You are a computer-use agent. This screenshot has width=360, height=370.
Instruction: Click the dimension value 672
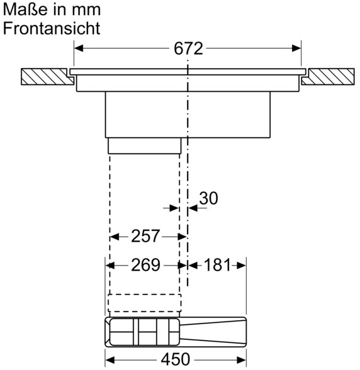click(x=188, y=49)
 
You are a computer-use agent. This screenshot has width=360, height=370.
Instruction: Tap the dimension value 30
click(x=209, y=198)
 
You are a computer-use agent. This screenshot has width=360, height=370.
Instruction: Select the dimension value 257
click(x=145, y=236)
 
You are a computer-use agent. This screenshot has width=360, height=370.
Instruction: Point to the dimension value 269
click(x=145, y=265)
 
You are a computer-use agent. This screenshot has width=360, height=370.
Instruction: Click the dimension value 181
click(x=217, y=265)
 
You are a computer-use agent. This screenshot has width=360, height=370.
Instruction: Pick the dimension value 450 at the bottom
click(x=176, y=359)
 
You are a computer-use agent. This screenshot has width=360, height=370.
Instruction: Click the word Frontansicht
click(x=52, y=28)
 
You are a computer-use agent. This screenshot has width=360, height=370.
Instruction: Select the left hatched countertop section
click(x=47, y=77)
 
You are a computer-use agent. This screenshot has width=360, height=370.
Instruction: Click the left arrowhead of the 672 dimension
click(x=79, y=48)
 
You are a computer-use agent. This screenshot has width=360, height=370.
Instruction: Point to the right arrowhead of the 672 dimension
click(x=296, y=48)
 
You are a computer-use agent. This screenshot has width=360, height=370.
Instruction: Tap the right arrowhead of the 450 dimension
click(x=242, y=360)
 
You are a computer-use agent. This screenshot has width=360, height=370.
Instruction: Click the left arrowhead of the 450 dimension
click(x=110, y=360)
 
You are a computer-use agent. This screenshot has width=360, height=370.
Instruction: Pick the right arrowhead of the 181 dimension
click(x=242, y=266)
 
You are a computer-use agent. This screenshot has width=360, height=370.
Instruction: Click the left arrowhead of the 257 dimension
click(x=115, y=237)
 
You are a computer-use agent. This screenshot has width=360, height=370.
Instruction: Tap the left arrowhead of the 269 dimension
click(x=110, y=266)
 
